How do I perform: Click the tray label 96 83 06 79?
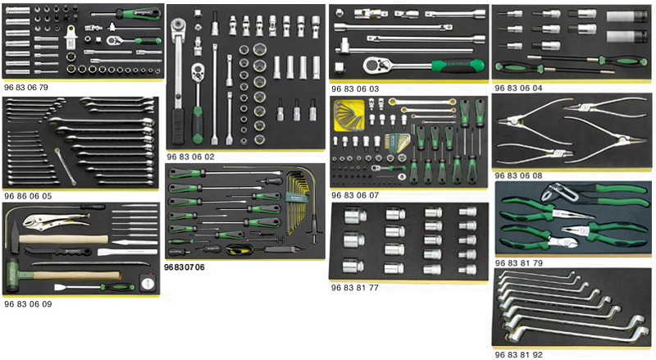(x=26, y=84)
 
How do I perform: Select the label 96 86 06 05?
(x=27, y=197)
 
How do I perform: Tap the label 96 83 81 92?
(x=517, y=355)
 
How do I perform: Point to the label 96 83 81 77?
(x=354, y=288)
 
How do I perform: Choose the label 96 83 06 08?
(x=517, y=175)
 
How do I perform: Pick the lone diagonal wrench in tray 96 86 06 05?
(x=66, y=164)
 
